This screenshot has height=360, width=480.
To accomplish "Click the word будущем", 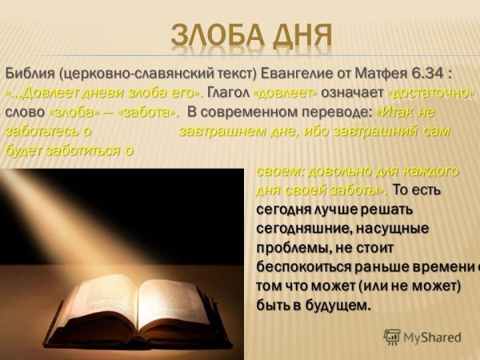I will coord(334,306).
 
